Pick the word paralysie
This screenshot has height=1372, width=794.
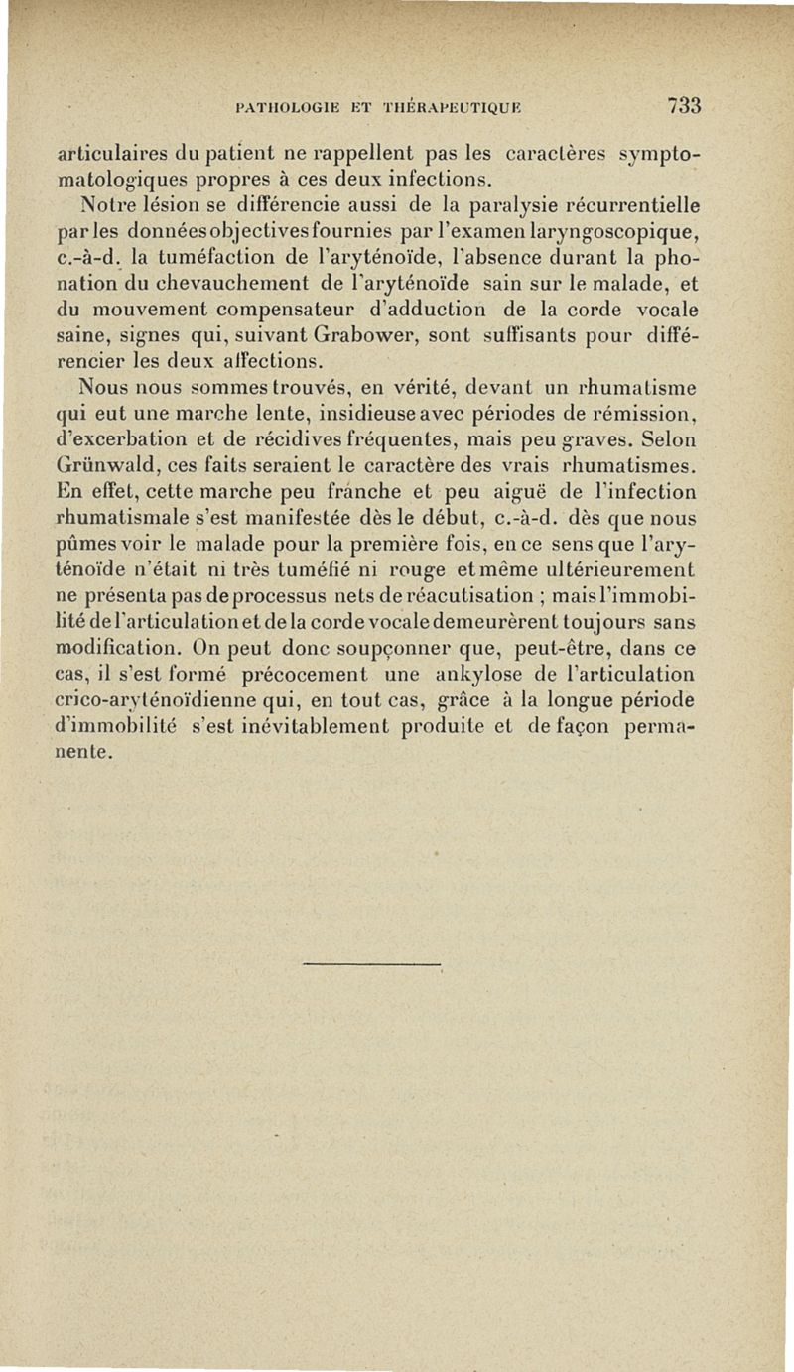479,207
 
